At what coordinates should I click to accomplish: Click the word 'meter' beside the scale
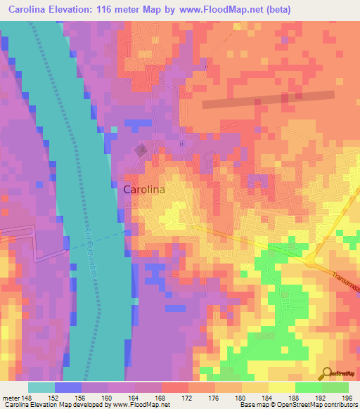pyautogui.click(x=11, y=396)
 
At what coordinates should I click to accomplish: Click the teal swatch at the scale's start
pyautogui.click(x=41, y=387)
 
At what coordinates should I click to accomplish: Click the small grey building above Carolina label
pyautogui.click(x=141, y=149)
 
